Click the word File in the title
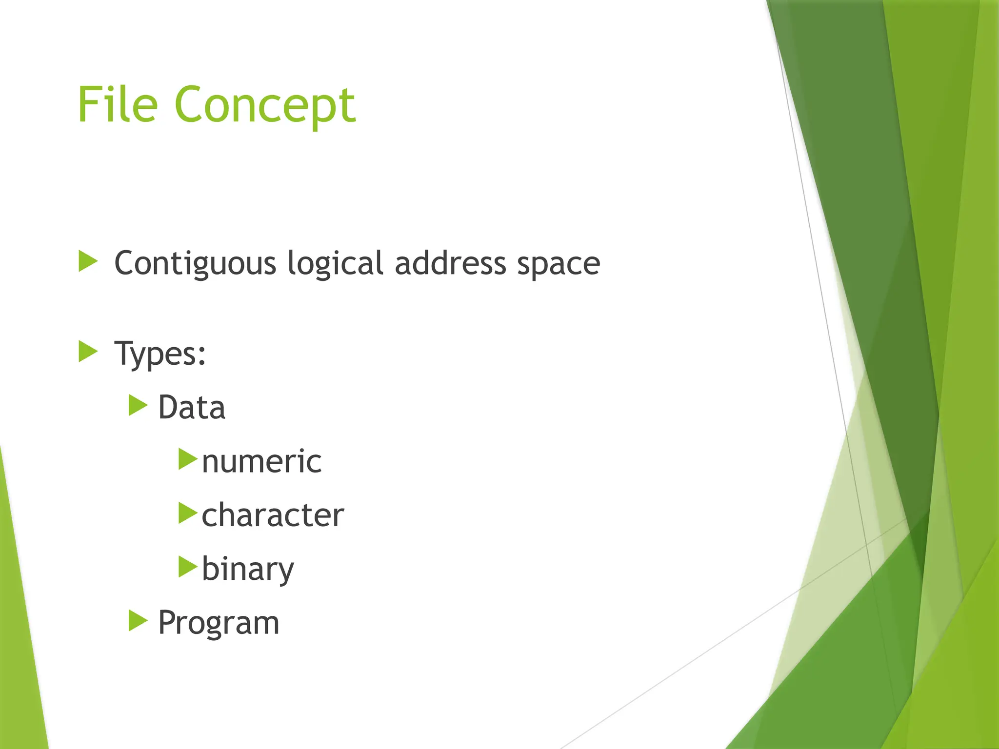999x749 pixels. pyautogui.click(x=118, y=104)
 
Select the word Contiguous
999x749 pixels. pyautogui.click(x=195, y=264)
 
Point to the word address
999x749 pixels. pyautogui.click(x=450, y=264)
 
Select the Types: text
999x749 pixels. pyautogui.click(x=160, y=354)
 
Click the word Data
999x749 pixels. pyautogui.click(x=192, y=408)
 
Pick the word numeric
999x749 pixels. pyautogui.click(x=261, y=461)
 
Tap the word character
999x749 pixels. pyautogui.click(x=273, y=515)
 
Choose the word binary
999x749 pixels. pyautogui.click(x=248, y=569)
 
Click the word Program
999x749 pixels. pyautogui.click(x=219, y=623)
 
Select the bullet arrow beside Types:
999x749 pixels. pyautogui.click(x=88, y=352)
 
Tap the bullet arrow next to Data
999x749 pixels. pyautogui.click(x=138, y=405)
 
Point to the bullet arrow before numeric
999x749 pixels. pyautogui.click(x=187, y=459)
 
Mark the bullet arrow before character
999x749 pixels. pyautogui.click(x=187, y=513)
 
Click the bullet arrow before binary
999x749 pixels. pyautogui.click(x=187, y=567)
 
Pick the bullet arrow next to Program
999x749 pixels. pyautogui.click(x=138, y=621)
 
